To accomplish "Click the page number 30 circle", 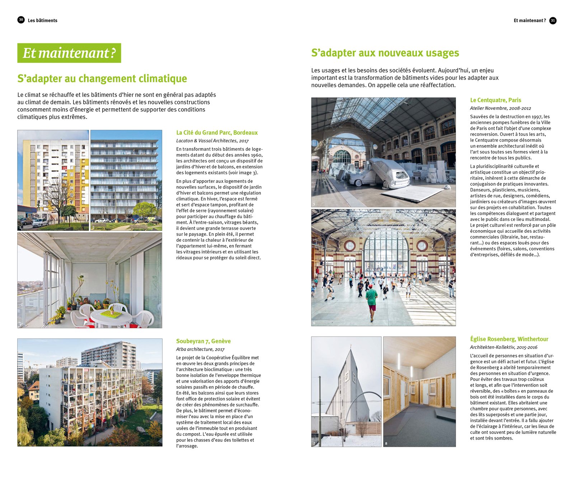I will click(x=21, y=20).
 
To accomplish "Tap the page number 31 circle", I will click(x=553, y=20).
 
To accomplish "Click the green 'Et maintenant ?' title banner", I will click(x=69, y=53).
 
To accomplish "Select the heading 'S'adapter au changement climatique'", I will click(x=102, y=79).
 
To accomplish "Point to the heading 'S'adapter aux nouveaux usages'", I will click(x=385, y=53).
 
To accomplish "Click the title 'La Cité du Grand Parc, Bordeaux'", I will click(x=217, y=133).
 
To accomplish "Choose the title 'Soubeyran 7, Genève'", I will click(x=203, y=341).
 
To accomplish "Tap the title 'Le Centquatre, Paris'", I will click(x=495, y=100).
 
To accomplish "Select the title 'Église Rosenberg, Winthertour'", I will click(x=509, y=339).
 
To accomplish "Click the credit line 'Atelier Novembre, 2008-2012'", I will click(x=500, y=108).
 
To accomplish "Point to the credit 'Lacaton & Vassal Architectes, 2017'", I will click(x=212, y=141).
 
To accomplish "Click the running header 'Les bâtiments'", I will click(x=42, y=20).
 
